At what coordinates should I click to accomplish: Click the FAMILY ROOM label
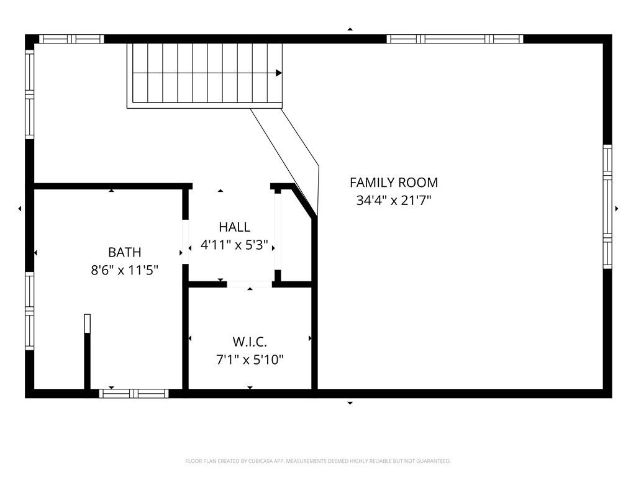click(393, 183)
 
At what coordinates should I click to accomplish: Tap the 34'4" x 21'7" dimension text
click(393, 201)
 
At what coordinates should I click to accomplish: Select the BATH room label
click(124, 252)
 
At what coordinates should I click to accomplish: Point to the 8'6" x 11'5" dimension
click(124, 270)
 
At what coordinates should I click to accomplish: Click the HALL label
click(234, 227)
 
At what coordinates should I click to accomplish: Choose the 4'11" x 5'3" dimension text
click(234, 245)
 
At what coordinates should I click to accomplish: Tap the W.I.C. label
click(250, 342)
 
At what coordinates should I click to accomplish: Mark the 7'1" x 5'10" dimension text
click(250, 360)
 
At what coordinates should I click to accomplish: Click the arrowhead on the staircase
click(279, 73)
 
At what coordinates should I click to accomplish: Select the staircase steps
click(205, 73)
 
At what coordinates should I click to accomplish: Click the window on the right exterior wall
click(607, 207)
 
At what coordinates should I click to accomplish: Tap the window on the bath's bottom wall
click(134, 393)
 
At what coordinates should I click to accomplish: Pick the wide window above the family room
click(455, 39)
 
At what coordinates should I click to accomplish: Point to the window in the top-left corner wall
click(72, 39)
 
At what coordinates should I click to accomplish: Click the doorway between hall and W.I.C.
click(249, 284)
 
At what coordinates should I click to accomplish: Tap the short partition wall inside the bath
click(88, 352)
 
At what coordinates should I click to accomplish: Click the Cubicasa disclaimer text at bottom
click(317, 461)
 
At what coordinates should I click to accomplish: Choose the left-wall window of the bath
click(29, 311)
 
